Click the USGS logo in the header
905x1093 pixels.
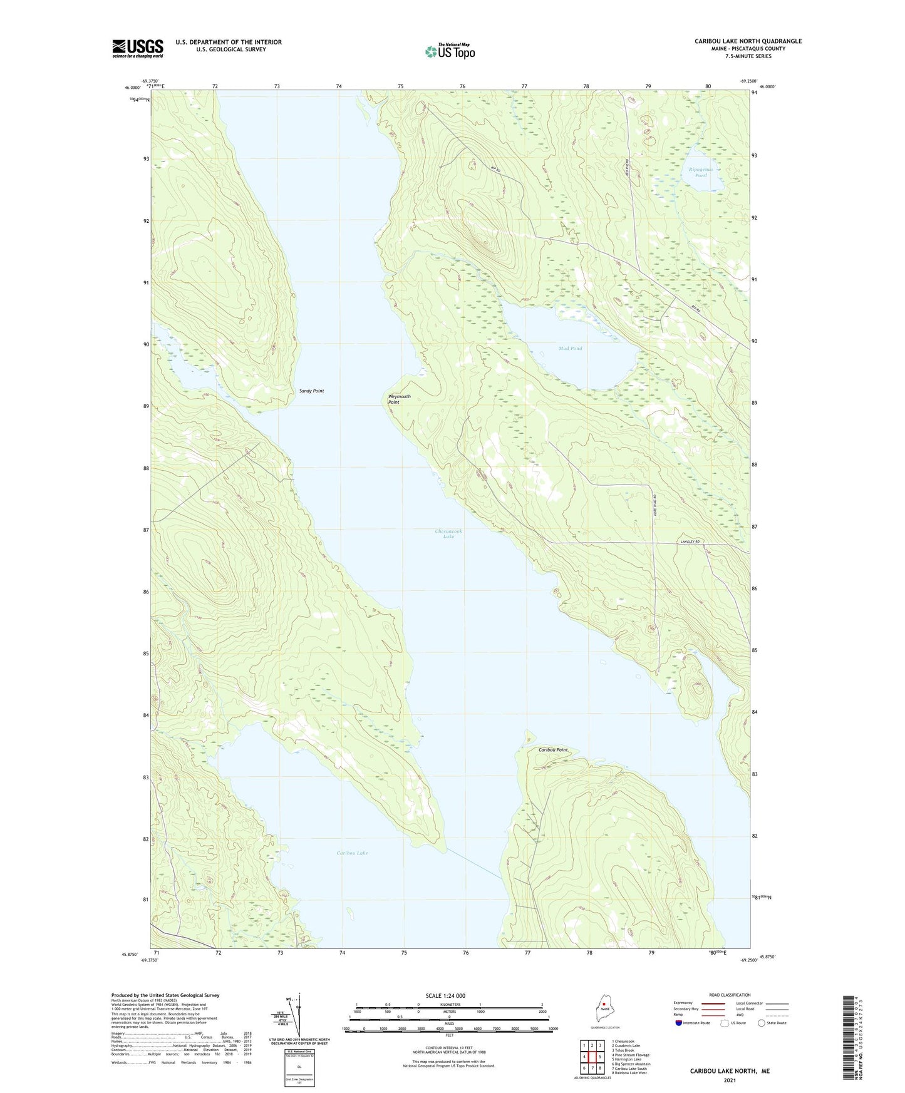click(x=137, y=48)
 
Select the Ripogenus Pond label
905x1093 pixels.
click(x=700, y=172)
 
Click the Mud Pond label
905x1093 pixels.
click(x=570, y=348)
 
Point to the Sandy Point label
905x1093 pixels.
click(x=311, y=391)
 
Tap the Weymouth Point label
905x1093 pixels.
click(x=399, y=399)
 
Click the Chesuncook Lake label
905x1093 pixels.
click(x=448, y=533)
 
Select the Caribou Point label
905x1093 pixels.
click(x=552, y=749)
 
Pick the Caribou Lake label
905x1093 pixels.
click(x=352, y=853)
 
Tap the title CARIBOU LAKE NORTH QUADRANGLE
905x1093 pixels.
click(x=747, y=41)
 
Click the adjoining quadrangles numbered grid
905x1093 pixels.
click(x=591, y=1057)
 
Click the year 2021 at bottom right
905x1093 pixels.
click(x=729, y=1080)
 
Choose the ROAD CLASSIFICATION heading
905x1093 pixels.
click(x=730, y=995)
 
